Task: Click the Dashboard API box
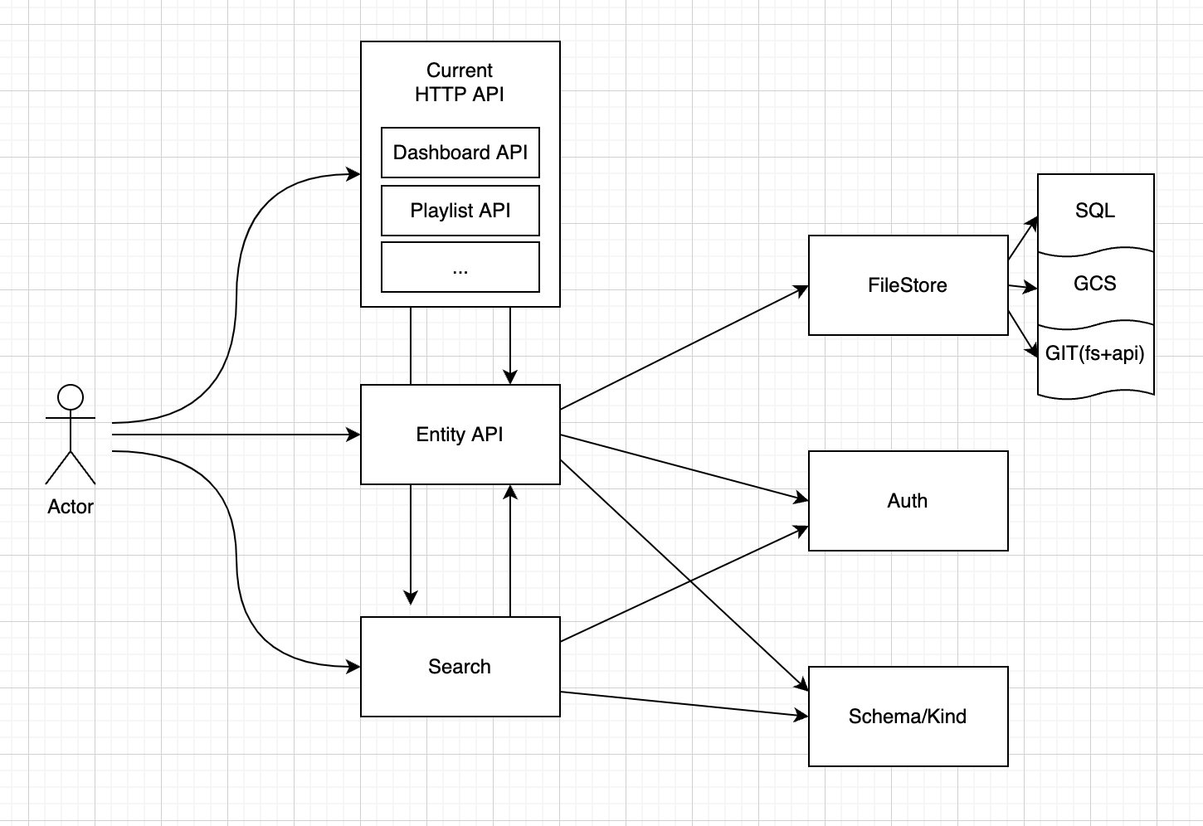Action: point(460,153)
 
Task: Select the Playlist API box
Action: point(460,211)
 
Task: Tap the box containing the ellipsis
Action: point(460,268)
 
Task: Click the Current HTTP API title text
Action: point(460,82)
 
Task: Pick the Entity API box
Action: point(460,435)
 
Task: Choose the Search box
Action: point(460,667)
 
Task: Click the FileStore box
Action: point(908,285)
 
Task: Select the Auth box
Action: point(908,501)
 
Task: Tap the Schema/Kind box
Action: point(908,717)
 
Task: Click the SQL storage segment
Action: point(1095,211)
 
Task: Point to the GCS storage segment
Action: point(1095,284)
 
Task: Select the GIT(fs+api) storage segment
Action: point(1095,354)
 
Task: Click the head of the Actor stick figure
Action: point(71,397)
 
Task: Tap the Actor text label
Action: point(71,507)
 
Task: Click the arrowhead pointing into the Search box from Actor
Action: point(354,666)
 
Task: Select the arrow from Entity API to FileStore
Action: point(684,348)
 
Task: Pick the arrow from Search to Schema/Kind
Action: point(684,703)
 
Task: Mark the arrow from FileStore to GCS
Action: point(1023,287)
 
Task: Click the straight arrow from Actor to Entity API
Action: point(236,435)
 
